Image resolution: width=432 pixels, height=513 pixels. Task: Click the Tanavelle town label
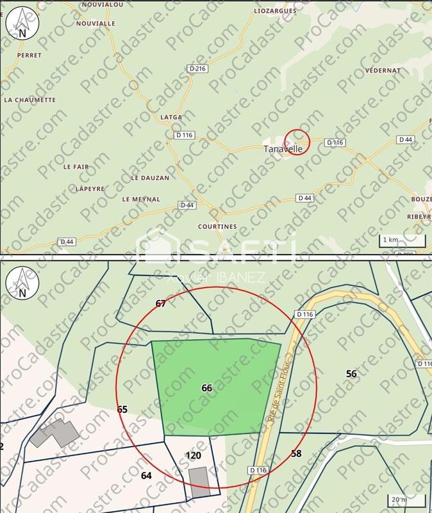[283, 148]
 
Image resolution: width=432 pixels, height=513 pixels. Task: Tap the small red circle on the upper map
[297, 140]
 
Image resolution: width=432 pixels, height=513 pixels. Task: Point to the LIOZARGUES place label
[276, 12]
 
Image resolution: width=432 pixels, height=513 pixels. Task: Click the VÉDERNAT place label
[382, 70]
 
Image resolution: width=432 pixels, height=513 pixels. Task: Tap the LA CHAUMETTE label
[30, 100]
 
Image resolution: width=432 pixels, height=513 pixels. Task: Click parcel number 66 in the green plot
[206, 388]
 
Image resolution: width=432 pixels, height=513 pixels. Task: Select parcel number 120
[194, 456]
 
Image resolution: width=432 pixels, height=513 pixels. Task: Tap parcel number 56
[351, 373]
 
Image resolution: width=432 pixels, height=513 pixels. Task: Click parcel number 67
[161, 303]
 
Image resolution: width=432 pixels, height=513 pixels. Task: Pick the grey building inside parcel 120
[199, 482]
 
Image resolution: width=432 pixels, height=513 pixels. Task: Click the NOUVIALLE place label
[95, 22]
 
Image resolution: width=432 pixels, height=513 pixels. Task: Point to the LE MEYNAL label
[141, 199]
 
